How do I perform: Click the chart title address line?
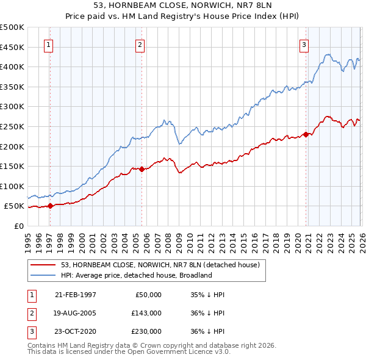(x=183, y=6)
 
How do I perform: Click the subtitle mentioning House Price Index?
(x=183, y=17)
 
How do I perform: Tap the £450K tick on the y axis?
(x=12, y=47)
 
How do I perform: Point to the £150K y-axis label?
(x=12, y=166)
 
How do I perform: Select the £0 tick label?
(x=18, y=226)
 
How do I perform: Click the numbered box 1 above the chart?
(x=48, y=44)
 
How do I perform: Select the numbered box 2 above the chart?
(x=140, y=44)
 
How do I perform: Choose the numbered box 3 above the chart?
(x=304, y=44)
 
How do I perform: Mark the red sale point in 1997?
(x=51, y=206)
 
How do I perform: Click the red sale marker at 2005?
(x=142, y=169)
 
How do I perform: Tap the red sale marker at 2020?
(x=306, y=134)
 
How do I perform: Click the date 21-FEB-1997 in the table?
(x=76, y=295)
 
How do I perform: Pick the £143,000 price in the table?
(x=146, y=313)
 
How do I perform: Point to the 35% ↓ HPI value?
(x=208, y=295)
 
